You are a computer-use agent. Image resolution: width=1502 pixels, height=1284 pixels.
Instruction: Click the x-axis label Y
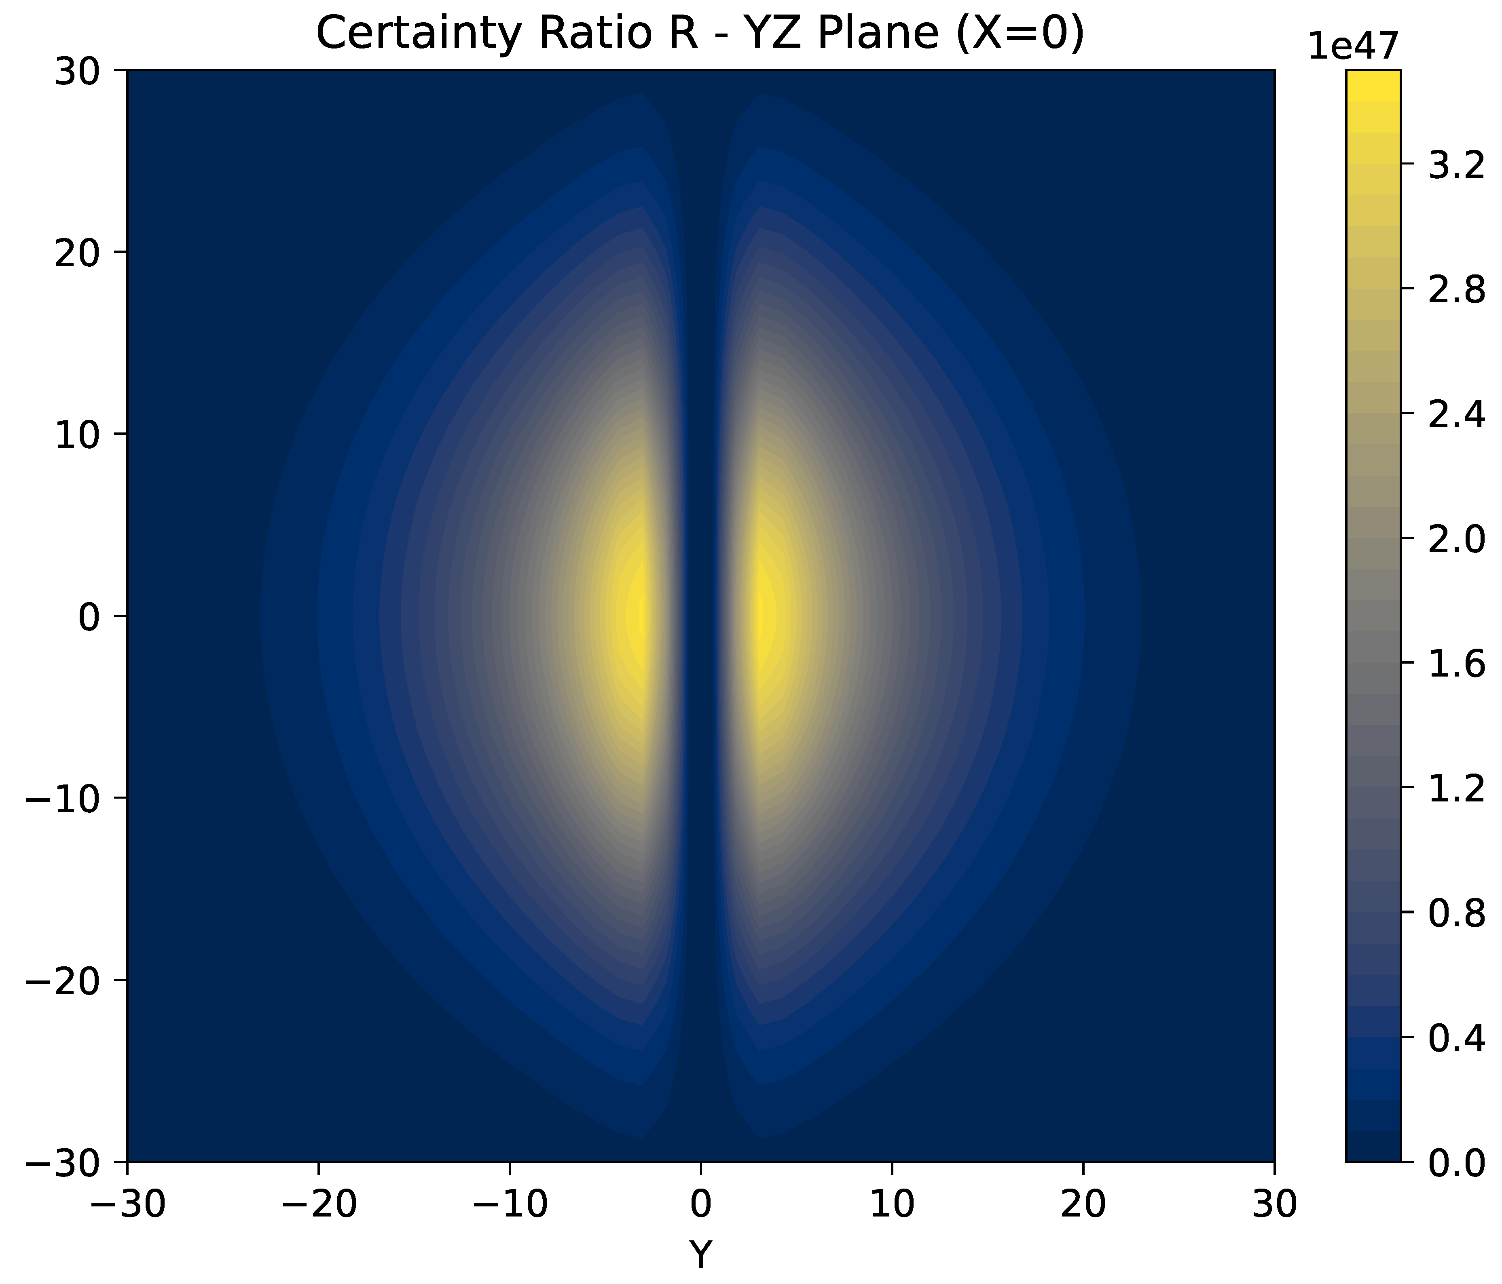pyautogui.click(x=700, y=1254)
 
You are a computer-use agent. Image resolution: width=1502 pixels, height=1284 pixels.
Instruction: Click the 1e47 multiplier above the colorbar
pyautogui.click(x=1353, y=47)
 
